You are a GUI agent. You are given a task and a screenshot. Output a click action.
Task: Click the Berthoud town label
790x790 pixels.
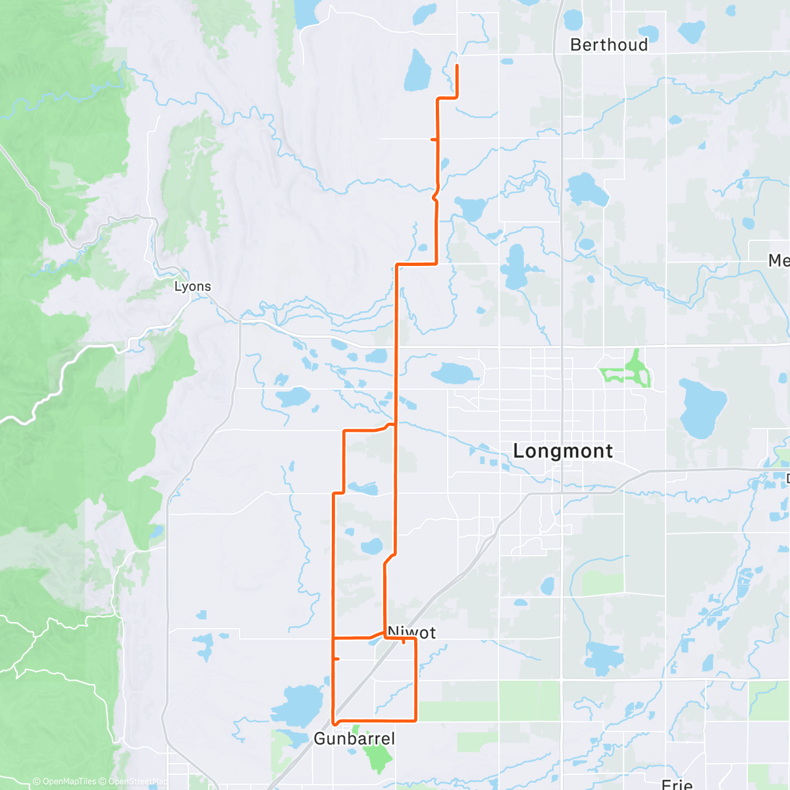click(609, 45)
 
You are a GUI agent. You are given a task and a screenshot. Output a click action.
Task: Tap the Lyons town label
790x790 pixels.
click(192, 286)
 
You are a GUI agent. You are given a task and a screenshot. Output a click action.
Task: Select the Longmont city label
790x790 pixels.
click(563, 451)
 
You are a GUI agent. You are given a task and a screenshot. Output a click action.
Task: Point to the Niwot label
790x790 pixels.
click(412, 632)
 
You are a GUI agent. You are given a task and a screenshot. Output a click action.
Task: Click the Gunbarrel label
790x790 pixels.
click(354, 739)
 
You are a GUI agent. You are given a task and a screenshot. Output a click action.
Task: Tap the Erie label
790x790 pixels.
click(677, 783)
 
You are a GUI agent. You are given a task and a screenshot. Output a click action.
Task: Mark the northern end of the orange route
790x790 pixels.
click(457, 66)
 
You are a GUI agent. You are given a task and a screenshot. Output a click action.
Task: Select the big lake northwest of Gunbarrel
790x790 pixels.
click(298, 705)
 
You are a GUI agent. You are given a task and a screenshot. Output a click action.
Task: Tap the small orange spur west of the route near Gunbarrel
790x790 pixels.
click(336, 658)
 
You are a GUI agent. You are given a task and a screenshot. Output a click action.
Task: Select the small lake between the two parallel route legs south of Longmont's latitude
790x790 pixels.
click(372, 546)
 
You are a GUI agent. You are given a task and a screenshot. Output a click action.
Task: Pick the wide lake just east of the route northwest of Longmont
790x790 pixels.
click(456, 374)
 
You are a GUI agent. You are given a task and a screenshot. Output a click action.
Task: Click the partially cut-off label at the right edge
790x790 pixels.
click(779, 261)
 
